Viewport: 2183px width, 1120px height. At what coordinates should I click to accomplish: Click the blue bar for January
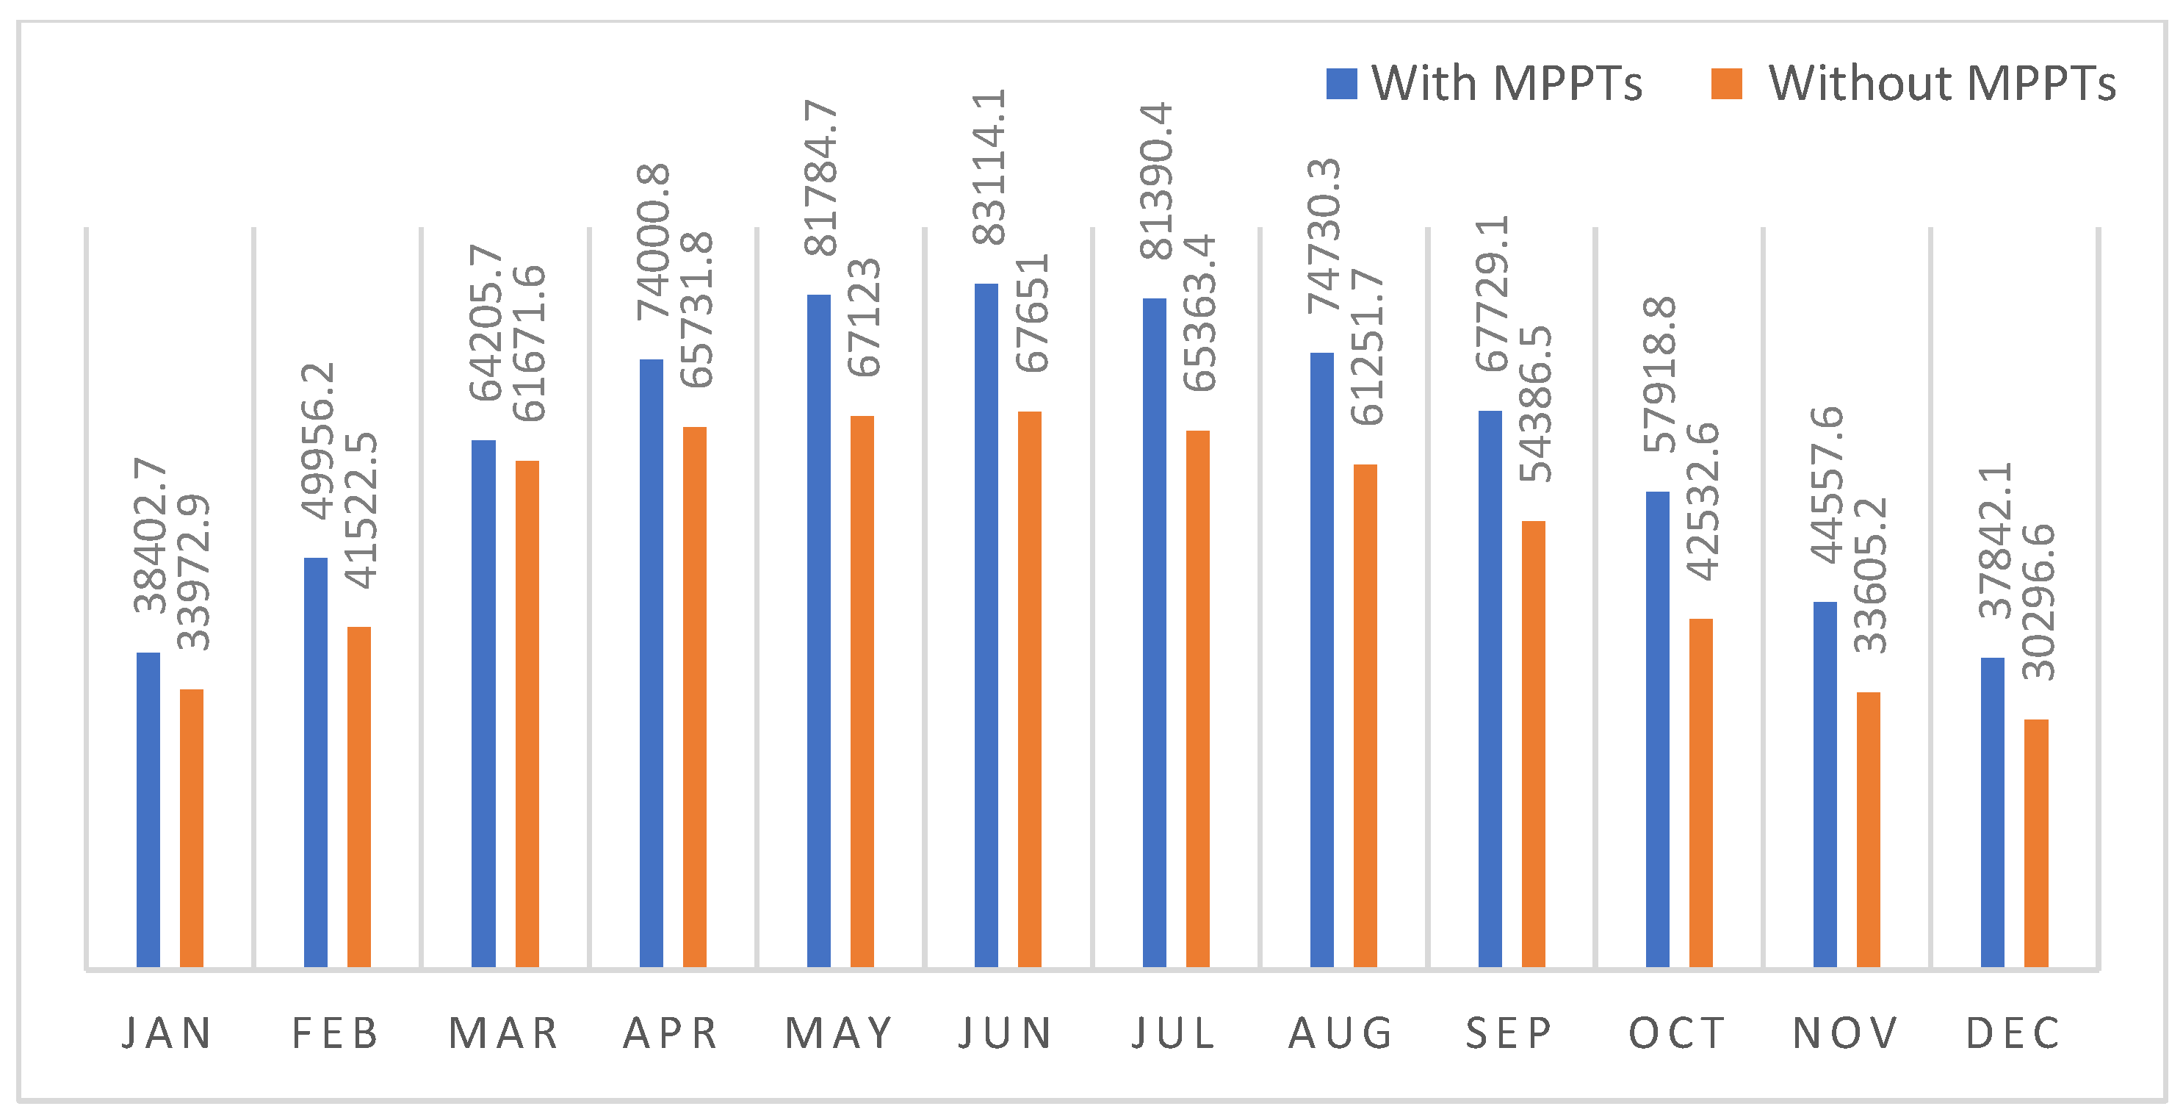[x=148, y=810]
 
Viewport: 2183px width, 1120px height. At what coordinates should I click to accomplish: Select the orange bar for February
[x=359, y=797]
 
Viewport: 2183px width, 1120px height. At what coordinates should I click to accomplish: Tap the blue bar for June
[x=986, y=625]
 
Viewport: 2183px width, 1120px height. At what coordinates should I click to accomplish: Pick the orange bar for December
[x=2036, y=844]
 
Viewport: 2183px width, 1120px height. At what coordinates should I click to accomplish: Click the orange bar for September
[x=1533, y=744]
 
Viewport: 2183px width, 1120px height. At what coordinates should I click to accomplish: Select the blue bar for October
[x=1658, y=729]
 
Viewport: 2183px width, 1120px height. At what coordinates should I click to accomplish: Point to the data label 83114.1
[x=989, y=167]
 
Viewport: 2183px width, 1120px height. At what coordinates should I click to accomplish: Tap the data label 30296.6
[x=2038, y=602]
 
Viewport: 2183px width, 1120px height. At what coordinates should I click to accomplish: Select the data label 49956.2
[x=319, y=441]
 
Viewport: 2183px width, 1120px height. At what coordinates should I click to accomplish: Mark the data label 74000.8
[x=654, y=242]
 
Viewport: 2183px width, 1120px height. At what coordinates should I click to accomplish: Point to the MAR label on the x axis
[x=503, y=1033]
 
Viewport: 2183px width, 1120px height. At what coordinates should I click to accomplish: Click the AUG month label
[x=1341, y=1033]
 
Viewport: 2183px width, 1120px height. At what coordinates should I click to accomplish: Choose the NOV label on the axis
[x=1845, y=1033]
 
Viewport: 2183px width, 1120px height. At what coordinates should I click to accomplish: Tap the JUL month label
[x=1174, y=1033]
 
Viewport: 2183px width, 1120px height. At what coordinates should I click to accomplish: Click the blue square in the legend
[x=1341, y=84]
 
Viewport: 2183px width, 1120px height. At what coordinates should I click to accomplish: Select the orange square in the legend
[x=1726, y=84]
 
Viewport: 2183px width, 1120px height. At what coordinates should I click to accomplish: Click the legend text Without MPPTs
[x=1942, y=84]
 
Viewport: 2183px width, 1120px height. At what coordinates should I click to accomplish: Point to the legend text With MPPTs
[x=1507, y=84]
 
